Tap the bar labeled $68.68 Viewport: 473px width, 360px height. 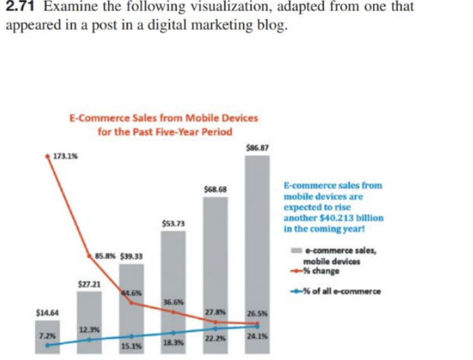[x=216, y=259]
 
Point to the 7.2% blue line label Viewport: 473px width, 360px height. [x=45, y=336]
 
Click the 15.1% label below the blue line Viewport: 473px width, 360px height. [x=130, y=347]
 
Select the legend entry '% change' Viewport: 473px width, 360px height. [x=321, y=272]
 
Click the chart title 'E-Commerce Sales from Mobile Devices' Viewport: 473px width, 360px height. [x=165, y=118]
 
